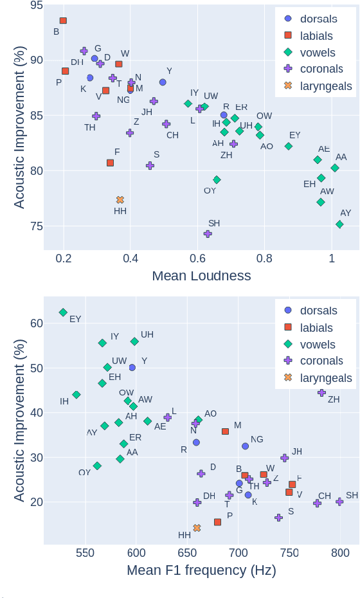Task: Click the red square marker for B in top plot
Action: (x=63, y=21)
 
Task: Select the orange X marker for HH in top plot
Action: (x=120, y=200)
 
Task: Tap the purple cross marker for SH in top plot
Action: (x=208, y=234)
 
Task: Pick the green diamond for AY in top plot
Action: (x=339, y=224)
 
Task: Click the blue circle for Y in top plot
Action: (x=163, y=82)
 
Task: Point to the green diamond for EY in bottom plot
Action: (x=63, y=313)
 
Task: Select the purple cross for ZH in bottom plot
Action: (x=321, y=392)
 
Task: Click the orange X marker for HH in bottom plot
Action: (x=197, y=528)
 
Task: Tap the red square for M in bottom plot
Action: (x=225, y=431)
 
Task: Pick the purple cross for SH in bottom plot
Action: (x=339, y=502)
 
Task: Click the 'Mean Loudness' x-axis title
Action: (x=201, y=276)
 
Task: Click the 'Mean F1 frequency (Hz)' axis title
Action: (x=201, y=570)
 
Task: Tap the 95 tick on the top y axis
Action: (x=36, y=6)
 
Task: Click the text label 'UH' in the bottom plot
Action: (x=147, y=334)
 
